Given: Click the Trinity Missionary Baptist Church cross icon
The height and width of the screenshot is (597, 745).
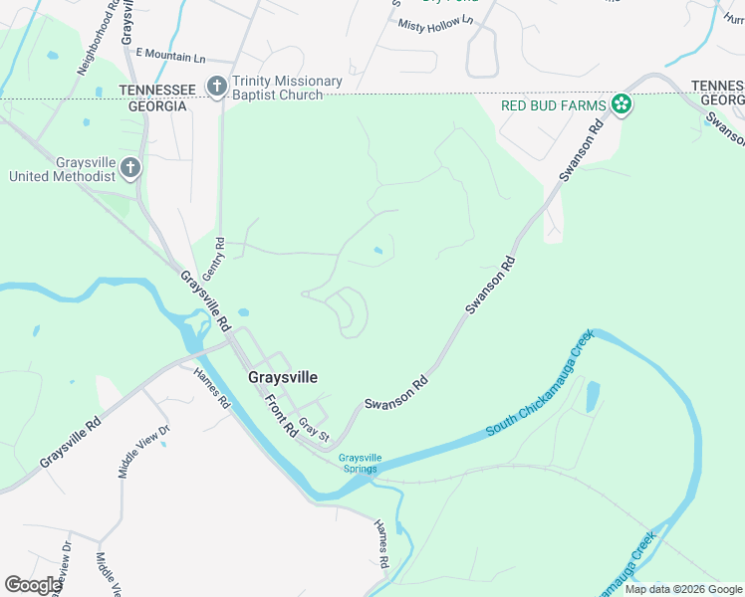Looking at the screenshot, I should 216,88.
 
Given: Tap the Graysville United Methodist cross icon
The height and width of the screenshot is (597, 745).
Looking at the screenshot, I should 130,169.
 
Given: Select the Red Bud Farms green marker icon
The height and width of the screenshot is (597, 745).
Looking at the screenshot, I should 621,103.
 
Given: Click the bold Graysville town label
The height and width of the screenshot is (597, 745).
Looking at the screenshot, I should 283,378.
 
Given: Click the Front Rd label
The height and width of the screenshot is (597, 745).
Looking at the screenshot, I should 282,416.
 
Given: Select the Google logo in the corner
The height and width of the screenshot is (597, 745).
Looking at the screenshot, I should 33,585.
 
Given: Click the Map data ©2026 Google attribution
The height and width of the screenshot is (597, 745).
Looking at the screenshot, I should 683,590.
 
